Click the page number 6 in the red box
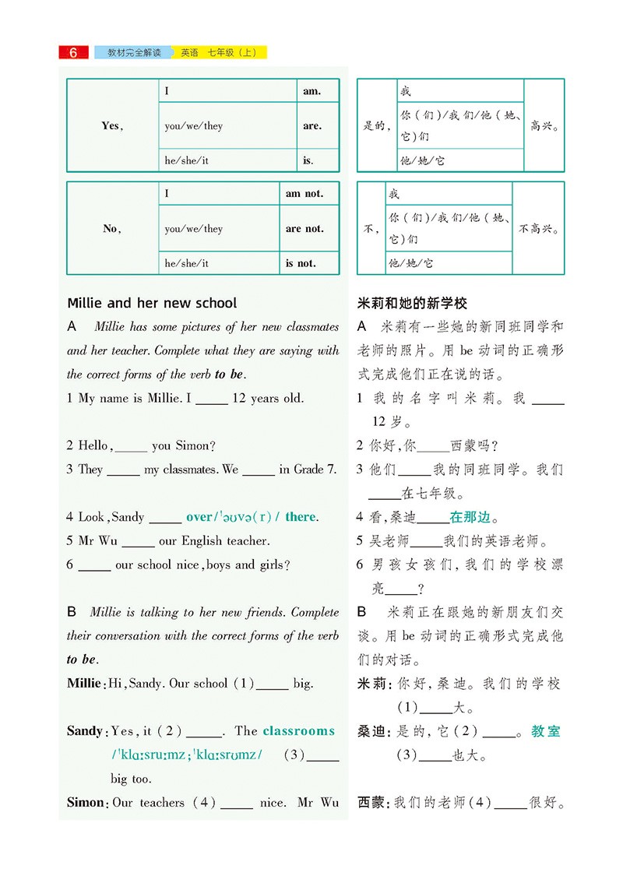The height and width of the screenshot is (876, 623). tap(73, 53)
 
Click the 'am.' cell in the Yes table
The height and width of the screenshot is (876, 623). tap(311, 91)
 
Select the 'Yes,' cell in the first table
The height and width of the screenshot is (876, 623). tap(112, 125)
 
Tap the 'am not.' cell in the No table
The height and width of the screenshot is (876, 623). tap(304, 194)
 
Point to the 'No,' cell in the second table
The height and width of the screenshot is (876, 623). tap(112, 229)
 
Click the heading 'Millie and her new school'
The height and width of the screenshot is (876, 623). tap(152, 303)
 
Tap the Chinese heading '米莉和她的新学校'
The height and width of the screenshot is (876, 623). tap(412, 303)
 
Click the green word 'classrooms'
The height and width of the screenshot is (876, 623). tap(299, 731)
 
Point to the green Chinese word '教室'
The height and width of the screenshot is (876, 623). tap(546, 731)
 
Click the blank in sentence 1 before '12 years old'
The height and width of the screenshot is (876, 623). tap(212, 399)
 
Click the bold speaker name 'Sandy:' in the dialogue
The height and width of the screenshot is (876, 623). tap(86, 731)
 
